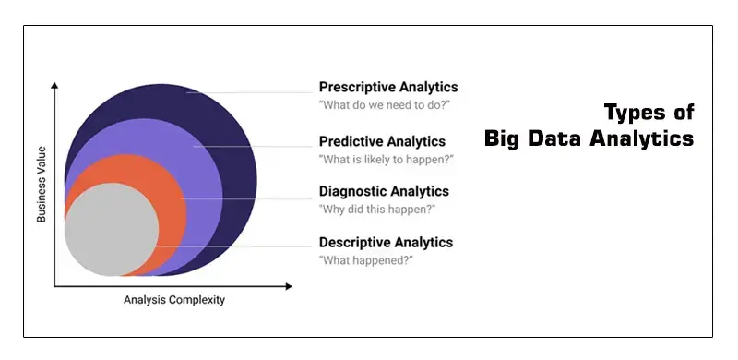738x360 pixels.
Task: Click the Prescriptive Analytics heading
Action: tap(387, 88)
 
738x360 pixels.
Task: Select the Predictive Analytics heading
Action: tap(382, 141)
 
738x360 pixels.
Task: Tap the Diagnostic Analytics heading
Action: tap(384, 191)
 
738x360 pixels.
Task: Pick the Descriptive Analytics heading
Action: tap(386, 242)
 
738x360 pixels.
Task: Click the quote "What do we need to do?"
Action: tap(383, 105)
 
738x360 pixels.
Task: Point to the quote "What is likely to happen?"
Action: tap(387, 159)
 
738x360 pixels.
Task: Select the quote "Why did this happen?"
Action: tap(377, 209)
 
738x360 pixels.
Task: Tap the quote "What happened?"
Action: tap(365, 260)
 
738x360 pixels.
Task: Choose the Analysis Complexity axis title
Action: tap(174, 300)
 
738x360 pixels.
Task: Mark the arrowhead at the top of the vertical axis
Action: tap(55, 86)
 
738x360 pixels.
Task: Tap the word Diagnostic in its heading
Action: tap(351, 191)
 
